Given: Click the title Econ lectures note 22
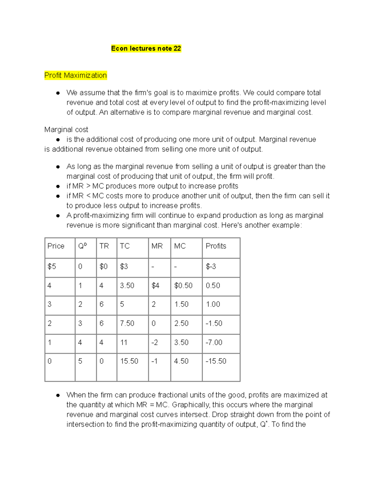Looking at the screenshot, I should tap(146, 48).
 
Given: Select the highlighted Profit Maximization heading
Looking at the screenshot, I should tap(76, 76).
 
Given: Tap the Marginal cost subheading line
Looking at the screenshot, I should tap(66, 130).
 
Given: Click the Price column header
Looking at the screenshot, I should tap(56, 246).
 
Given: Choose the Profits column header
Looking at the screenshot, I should tap(216, 246).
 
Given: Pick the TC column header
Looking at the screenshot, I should tap(125, 246).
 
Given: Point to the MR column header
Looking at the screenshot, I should tap(157, 246).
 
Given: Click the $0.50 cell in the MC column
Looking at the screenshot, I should tap(183, 286).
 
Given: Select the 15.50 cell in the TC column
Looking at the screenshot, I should tap(129, 361).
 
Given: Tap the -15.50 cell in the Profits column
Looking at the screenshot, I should tap(216, 361).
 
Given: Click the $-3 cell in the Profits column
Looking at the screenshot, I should tap(211, 267).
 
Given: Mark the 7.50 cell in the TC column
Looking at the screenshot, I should tap(127, 323).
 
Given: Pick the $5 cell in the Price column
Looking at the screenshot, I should tap(52, 267).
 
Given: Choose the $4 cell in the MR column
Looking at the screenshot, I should tap(155, 286).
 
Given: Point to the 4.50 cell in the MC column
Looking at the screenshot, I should tap(181, 361).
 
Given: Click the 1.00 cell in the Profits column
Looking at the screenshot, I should tap(213, 304).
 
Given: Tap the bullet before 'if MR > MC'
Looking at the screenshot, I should tap(58, 186).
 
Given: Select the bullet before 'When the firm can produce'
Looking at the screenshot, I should tap(58, 395).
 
